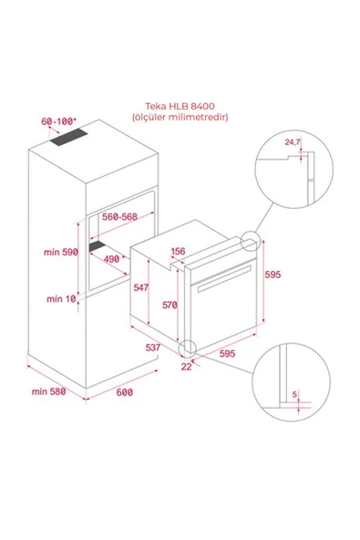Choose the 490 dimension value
pyautogui.click(x=112, y=258)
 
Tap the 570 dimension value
pyautogui.click(x=168, y=306)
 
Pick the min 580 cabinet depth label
pyautogui.click(x=46, y=392)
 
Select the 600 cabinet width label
pyautogui.click(x=125, y=392)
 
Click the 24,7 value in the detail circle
pyautogui.click(x=293, y=142)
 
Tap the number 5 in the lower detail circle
pyautogui.click(x=294, y=395)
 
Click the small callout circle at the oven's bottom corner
pyautogui.click(x=188, y=348)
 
